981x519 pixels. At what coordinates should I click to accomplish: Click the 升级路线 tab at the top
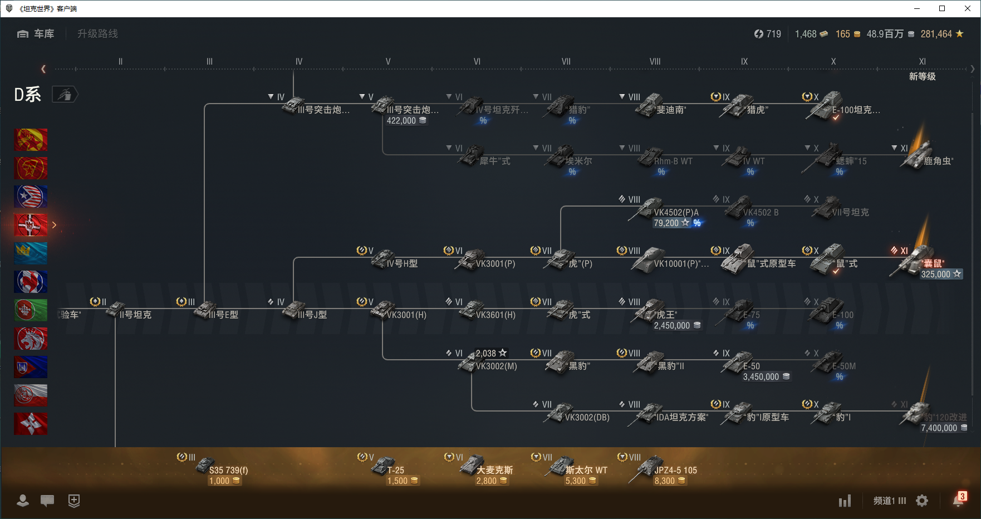(97, 34)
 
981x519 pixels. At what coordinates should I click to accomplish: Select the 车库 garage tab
(37, 34)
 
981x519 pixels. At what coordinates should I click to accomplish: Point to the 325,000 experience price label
(940, 274)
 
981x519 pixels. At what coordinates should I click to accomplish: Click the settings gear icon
(922, 501)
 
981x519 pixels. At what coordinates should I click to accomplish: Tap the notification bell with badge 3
(958, 500)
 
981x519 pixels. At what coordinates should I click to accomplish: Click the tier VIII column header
(655, 62)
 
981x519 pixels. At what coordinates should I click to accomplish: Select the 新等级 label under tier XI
(922, 76)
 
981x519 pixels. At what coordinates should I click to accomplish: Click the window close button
(968, 8)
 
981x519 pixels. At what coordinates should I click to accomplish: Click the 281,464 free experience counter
(941, 34)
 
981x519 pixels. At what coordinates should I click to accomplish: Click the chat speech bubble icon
(47, 501)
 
